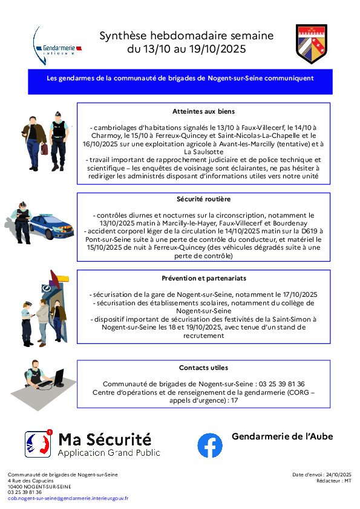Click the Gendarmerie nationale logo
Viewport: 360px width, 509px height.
(57, 47)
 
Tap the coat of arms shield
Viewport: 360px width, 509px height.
(311, 44)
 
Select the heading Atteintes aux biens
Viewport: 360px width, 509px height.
(203, 111)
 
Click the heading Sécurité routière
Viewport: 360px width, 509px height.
(203, 199)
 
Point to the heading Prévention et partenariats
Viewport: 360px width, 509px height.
(204, 278)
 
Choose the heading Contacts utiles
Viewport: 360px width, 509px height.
(203, 368)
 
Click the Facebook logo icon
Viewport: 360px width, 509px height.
(210, 445)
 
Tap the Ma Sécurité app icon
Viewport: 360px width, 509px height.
(38, 444)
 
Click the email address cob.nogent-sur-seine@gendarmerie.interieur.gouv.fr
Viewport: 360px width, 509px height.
(68, 498)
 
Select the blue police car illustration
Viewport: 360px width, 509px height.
(51, 226)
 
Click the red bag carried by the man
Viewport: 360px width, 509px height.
(44, 149)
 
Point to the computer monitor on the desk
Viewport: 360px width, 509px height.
(59, 378)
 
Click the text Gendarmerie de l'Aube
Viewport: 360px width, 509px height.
(283, 436)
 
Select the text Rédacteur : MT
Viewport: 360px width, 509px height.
(334, 481)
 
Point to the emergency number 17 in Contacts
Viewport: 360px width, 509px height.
(234, 400)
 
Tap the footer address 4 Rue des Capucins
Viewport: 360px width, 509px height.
(30, 481)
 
